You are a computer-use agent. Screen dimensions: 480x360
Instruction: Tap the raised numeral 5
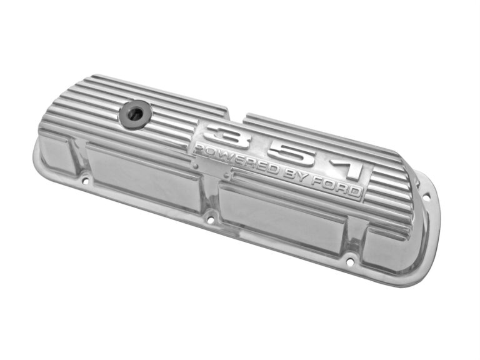coord(293,155)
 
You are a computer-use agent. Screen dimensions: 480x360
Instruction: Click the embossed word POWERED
coord(236,159)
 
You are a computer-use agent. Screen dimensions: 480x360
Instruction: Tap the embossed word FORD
coord(336,187)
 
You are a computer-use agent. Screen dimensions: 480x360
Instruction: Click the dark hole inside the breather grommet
coord(135,114)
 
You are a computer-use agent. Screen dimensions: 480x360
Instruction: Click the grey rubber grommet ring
coord(136,114)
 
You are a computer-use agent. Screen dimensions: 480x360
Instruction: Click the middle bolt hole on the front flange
coord(210,220)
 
